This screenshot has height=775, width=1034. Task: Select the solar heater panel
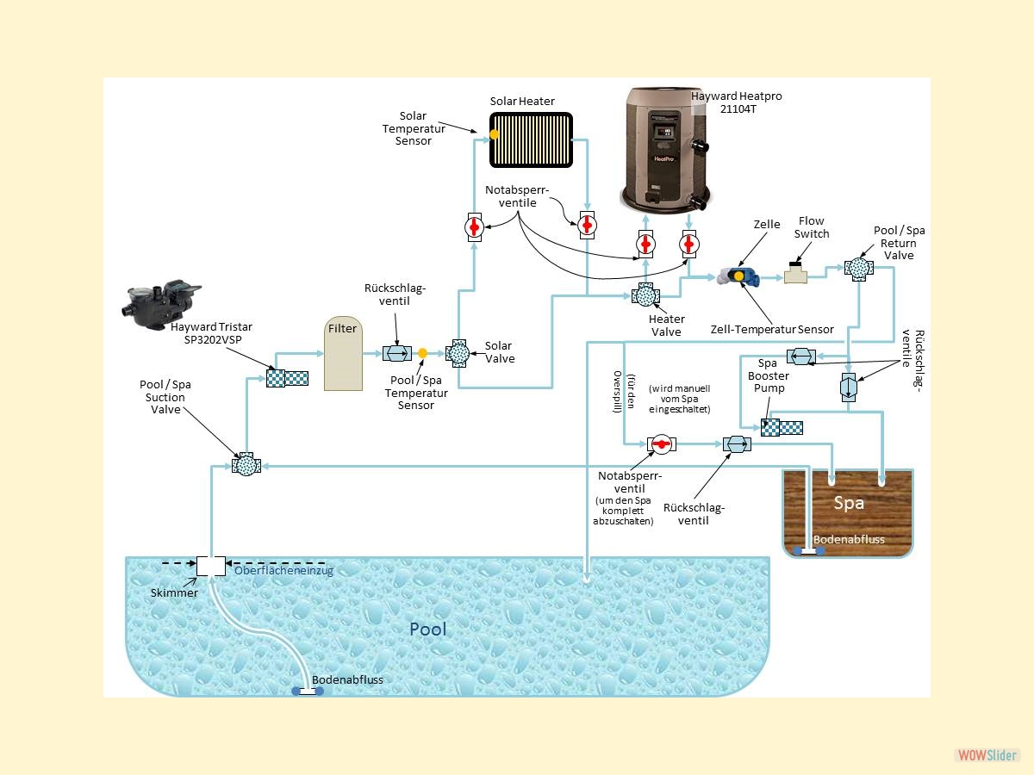pyautogui.click(x=531, y=139)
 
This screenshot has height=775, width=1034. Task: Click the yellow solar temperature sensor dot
pyautogui.click(x=495, y=134)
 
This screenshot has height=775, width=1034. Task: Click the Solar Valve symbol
pyautogui.click(x=458, y=353)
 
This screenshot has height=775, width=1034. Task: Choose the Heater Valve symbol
pyautogui.click(x=643, y=296)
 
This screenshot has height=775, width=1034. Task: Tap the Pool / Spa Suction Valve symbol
pyautogui.click(x=246, y=465)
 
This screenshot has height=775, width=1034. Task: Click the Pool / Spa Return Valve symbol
pyautogui.click(x=858, y=268)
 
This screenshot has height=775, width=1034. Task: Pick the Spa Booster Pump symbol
pyautogui.click(x=782, y=426)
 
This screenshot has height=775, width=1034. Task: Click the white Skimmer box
pyautogui.click(x=210, y=566)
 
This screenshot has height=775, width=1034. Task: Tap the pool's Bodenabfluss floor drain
pyautogui.click(x=305, y=690)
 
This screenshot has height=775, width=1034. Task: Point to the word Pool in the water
pyautogui.click(x=427, y=629)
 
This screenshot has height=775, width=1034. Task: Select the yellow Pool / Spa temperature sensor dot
pyautogui.click(x=422, y=353)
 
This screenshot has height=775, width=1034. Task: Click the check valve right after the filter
pyautogui.click(x=396, y=353)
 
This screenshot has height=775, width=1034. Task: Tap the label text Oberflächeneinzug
pyautogui.click(x=283, y=570)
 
